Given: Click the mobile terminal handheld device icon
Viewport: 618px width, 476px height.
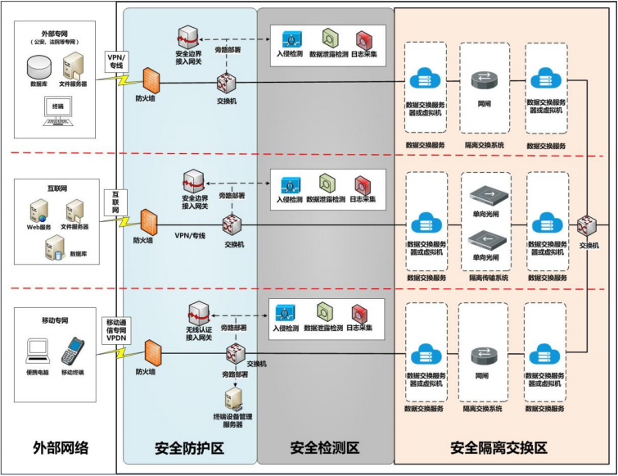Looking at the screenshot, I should pyautogui.click(x=73, y=350).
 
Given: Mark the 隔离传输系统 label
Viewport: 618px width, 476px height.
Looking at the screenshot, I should pyautogui.click(x=489, y=278).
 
